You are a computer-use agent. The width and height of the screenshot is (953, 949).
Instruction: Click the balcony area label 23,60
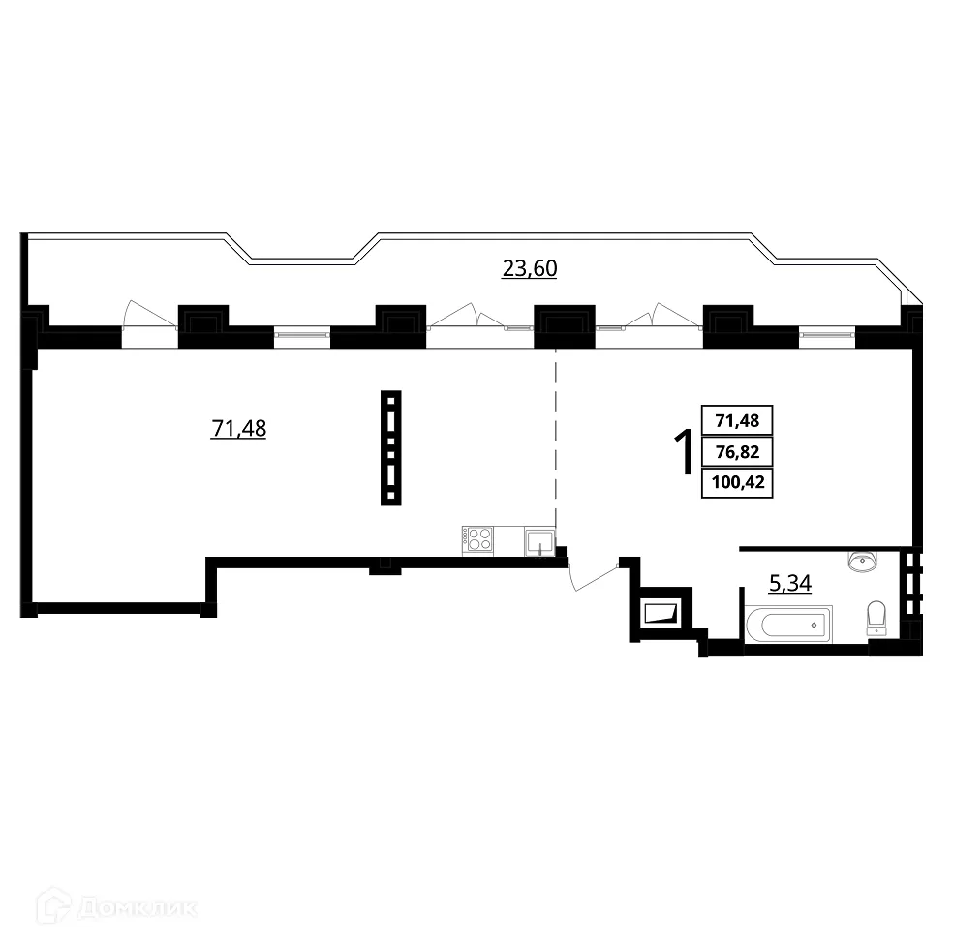pyautogui.click(x=529, y=269)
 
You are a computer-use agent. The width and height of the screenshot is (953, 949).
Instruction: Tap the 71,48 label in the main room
pyautogui.click(x=238, y=427)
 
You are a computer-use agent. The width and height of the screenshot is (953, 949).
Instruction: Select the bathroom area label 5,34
pyautogui.click(x=788, y=583)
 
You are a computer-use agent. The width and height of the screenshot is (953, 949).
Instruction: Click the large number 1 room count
pyautogui.click(x=682, y=450)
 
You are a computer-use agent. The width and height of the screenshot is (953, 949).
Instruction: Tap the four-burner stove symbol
pyautogui.click(x=478, y=539)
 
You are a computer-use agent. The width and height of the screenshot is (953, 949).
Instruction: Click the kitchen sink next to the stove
pyautogui.click(x=539, y=541)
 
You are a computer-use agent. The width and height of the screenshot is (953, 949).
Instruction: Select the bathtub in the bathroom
pyautogui.click(x=788, y=625)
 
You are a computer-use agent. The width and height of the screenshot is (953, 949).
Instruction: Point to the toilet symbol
pyautogui.click(x=876, y=618)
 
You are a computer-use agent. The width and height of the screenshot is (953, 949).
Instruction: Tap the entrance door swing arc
pyautogui.click(x=592, y=575)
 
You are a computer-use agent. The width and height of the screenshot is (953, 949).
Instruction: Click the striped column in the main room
pyautogui.click(x=390, y=447)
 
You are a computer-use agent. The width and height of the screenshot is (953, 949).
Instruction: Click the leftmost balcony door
pyautogui.click(x=149, y=317)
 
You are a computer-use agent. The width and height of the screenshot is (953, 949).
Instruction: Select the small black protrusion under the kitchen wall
pyautogui.click(x=384, y=567)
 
